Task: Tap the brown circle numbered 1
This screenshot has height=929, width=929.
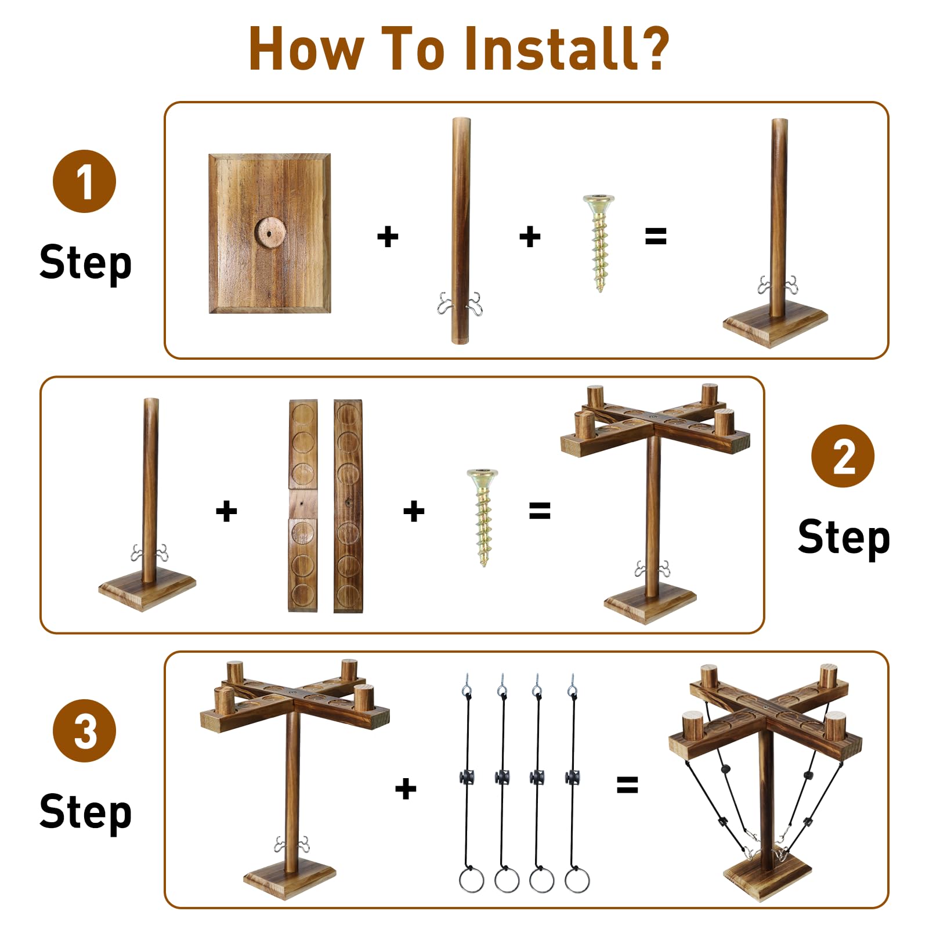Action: click(85, 181)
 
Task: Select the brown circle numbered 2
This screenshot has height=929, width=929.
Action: click(843, 456)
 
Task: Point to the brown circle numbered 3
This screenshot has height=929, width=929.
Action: click(85, 731)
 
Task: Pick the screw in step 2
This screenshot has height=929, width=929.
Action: click(483, 518)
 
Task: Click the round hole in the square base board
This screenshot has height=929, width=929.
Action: click(270, 233)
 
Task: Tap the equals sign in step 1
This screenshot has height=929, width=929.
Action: click(656, 236)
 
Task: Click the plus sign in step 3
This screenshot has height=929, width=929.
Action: click(406, 789)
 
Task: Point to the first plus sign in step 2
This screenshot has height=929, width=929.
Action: click(226, 511)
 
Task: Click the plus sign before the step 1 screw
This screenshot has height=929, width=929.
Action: click(530, 236)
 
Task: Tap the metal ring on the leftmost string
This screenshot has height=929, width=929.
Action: click(471, 880)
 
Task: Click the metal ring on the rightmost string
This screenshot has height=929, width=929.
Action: click(577, 880)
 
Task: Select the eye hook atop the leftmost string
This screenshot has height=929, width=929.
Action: click(467, 684)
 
